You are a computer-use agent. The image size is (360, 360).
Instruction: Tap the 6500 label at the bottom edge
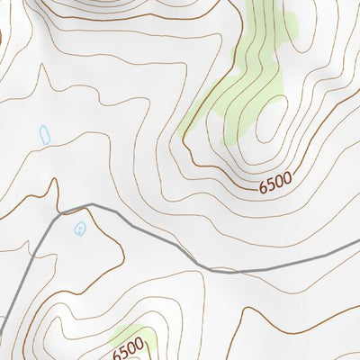click(129, 348)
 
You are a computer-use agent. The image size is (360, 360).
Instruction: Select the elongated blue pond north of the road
click(44, 135)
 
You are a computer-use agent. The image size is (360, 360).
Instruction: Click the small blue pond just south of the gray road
click(80, 228)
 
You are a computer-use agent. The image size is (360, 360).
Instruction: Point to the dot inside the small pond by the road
click(80, 229)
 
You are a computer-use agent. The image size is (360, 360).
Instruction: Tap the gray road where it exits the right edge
click(357, 252)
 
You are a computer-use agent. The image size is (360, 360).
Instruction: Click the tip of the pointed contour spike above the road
click(55, 180)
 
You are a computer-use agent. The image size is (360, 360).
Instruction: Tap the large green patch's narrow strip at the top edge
click(256, 9)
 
